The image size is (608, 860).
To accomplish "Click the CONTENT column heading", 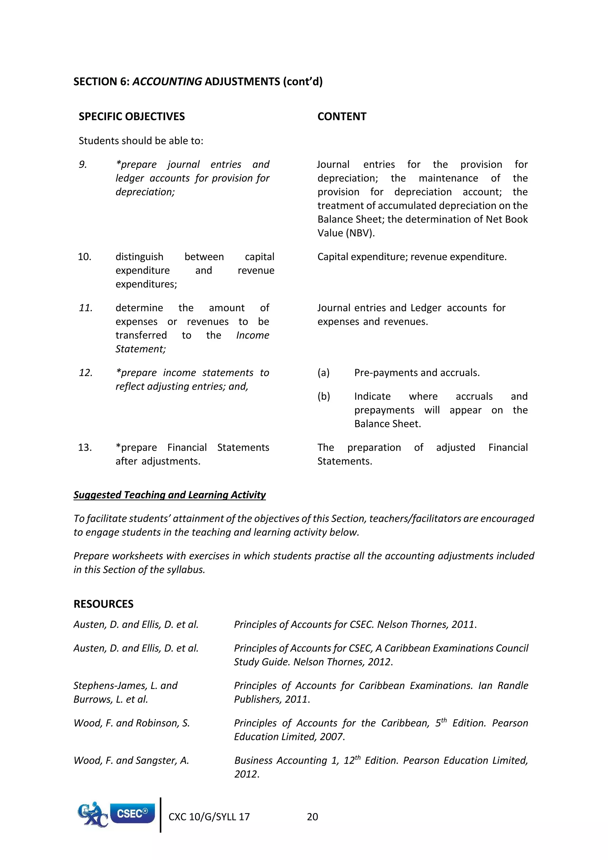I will click(341, 116).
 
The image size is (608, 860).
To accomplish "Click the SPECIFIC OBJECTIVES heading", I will click(132, 116).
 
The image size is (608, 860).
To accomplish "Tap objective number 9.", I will click(83, 165).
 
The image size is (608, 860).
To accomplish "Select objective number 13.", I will click(85, 447).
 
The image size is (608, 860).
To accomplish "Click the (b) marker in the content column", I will click(324, 396).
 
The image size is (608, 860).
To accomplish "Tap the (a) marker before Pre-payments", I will click(324, 373).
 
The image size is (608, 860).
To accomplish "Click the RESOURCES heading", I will click(103, 604).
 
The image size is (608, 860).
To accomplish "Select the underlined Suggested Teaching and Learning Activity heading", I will click(169, 495).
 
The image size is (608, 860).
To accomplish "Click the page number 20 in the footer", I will click(312, 817).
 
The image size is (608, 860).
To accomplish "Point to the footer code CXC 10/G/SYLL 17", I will click(209, 817).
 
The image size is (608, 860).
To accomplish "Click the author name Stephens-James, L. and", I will click(125, 685).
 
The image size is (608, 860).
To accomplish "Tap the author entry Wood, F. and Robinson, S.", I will click(132, 723).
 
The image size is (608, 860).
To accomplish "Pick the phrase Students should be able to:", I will click(141, 141).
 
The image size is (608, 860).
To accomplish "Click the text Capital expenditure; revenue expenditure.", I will click(412, 257).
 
